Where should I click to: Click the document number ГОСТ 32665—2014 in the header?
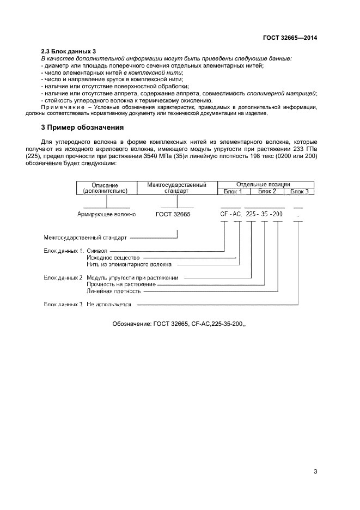click(x=289, y=38)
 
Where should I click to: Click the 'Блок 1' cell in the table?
click(x=234, y=191)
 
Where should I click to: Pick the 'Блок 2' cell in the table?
click(x=267, y=191)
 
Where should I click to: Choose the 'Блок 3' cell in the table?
click(x=299, y=191)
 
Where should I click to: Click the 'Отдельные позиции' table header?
click(x=264, y=185)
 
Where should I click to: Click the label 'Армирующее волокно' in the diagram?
click(x=107, y=215)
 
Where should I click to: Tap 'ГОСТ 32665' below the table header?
click(x=173, y=215)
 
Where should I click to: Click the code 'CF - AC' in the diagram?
click(x=230, y=215)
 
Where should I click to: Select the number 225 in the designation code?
click(x=252, y=215)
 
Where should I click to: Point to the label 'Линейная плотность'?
click(x=114, y=291)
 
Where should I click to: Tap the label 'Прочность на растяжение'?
click(x=121, y=284)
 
